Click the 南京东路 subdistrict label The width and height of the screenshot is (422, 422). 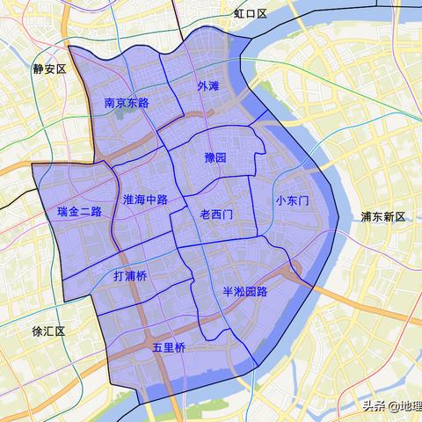127,103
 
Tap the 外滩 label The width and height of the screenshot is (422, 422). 208,86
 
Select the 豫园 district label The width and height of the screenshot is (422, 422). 215,157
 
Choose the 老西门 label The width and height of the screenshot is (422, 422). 217,214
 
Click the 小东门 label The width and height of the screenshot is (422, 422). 292,200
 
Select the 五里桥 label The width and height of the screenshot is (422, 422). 169,348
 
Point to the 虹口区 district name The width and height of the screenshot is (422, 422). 250,14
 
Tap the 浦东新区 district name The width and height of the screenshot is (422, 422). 382,217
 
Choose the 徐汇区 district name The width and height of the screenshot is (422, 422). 49,331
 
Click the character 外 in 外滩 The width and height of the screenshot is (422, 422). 202,86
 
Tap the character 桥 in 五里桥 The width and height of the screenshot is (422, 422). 180,348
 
